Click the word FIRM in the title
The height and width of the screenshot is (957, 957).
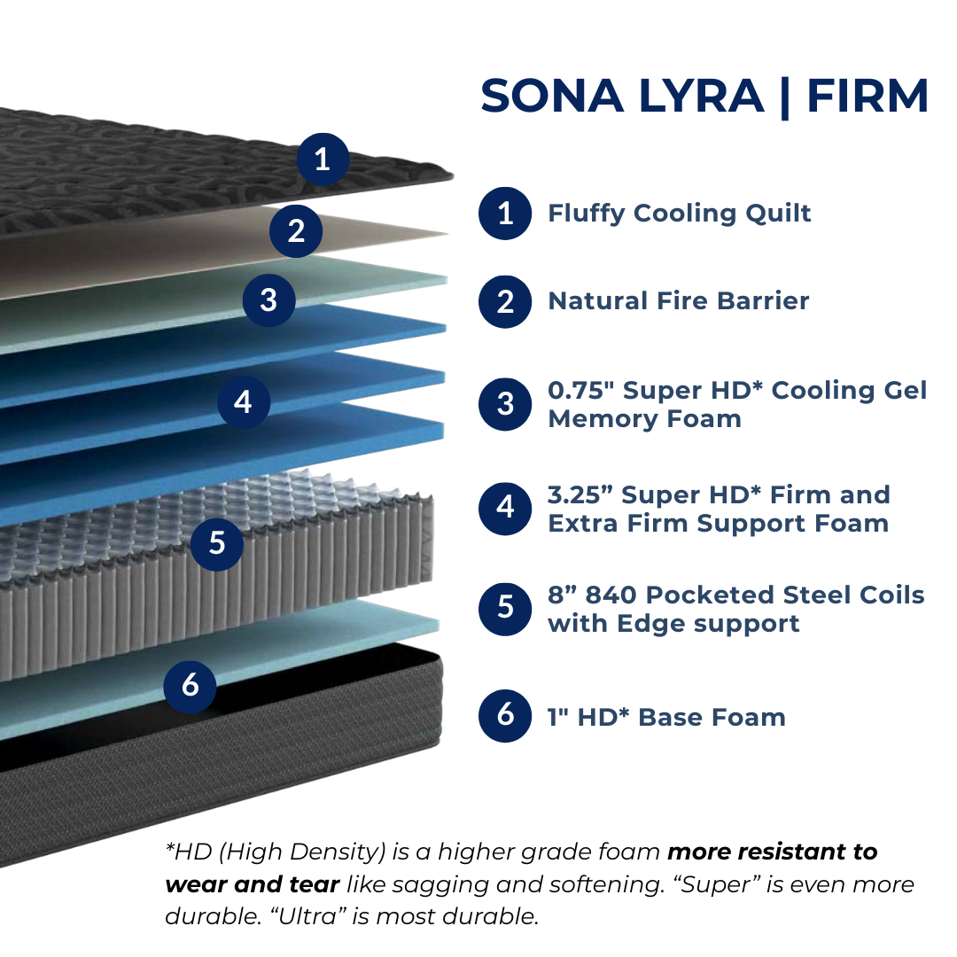click(868, 96)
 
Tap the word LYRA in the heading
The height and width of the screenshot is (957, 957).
click(701, 96)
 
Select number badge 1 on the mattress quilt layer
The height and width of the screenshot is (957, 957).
click(323, 159)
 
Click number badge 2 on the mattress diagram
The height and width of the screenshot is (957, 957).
click(296, 230)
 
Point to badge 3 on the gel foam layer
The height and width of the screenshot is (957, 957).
click(269, 300)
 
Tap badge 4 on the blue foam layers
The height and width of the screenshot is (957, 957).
click(244, 401)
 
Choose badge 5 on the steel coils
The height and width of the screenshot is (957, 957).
click(217, 544)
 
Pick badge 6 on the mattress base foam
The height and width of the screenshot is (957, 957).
click(190, 686)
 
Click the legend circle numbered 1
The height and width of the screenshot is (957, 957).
click(505, 213)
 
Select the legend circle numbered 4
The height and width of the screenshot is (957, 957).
click(505, 508)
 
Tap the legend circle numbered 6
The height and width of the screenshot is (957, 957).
click(505, 715)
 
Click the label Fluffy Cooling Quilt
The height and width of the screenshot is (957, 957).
click(680, 214)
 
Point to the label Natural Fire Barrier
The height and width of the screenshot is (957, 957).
click(679, 301)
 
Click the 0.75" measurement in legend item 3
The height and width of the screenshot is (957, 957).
click(580, 391)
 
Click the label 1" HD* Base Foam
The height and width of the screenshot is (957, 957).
click(666, 718)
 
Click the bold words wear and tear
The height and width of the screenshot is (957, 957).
click(252, 884)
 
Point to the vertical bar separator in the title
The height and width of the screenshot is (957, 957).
click(785, 98)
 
